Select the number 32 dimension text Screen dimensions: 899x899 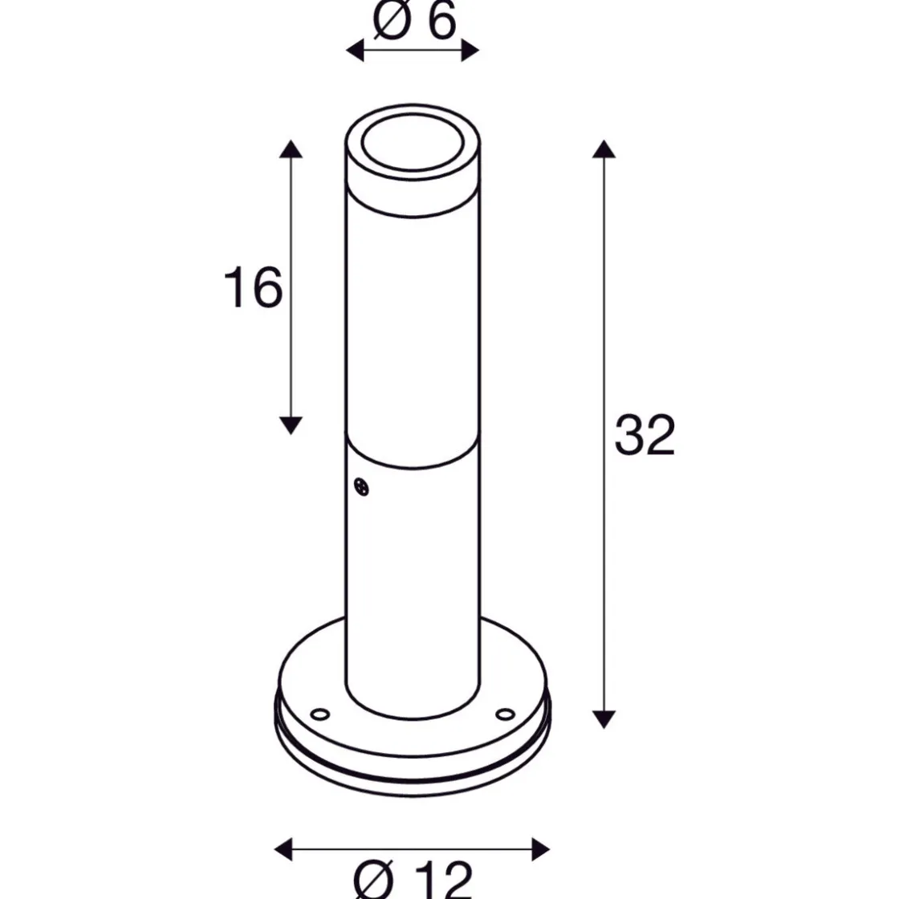pyautogui.click(x=645, y=436)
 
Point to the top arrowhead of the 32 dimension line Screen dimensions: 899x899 pyautogui.click(x=604, y=148)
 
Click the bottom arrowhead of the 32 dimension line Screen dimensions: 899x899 pyautogui.click(x=604, y=718)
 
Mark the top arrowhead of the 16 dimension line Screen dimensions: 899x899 pyautogui.click(x=291, y=148)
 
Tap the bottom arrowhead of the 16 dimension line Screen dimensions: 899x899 pyautogui.click(x=291, y=425)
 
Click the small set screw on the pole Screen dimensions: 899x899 pyautogui.click(x=361, y=486)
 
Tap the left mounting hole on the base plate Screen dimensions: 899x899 pyautogui.click(x=319, y=713)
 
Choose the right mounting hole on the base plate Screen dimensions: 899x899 pyautogui.click(x=505, y=713)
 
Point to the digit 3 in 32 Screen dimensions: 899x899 pyautogui.click(x=629, y=436)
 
